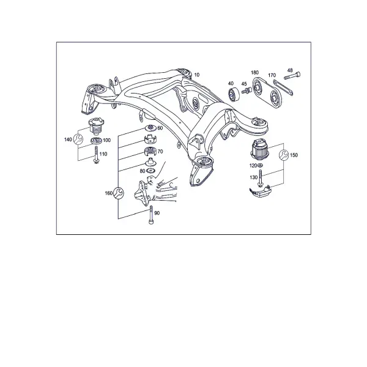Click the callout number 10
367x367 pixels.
click(x=197, y=75)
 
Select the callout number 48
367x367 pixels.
click(x=290, y=70)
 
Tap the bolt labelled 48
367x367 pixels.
click(x=292, y=76)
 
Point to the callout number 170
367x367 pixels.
click(x=272, y=75)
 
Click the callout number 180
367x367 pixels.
click(x=254, y=73)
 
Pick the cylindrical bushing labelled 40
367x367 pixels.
click(x=234, y=94)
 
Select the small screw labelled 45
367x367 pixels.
click(x=247, y=91)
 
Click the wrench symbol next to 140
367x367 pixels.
click(x=78, y=139)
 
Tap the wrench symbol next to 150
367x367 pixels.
click(x=284, y=155)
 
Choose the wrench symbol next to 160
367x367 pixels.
click(x=119, y=193)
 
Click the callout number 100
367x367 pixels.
click(x=106, y=141)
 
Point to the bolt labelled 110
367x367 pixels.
click(x=96, y=155)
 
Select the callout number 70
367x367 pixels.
click(x=160, y=152)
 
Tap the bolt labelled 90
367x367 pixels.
click(x=151, y=215)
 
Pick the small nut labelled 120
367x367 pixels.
click(x=260, y=166)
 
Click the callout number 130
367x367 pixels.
click(x=253, y=177)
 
